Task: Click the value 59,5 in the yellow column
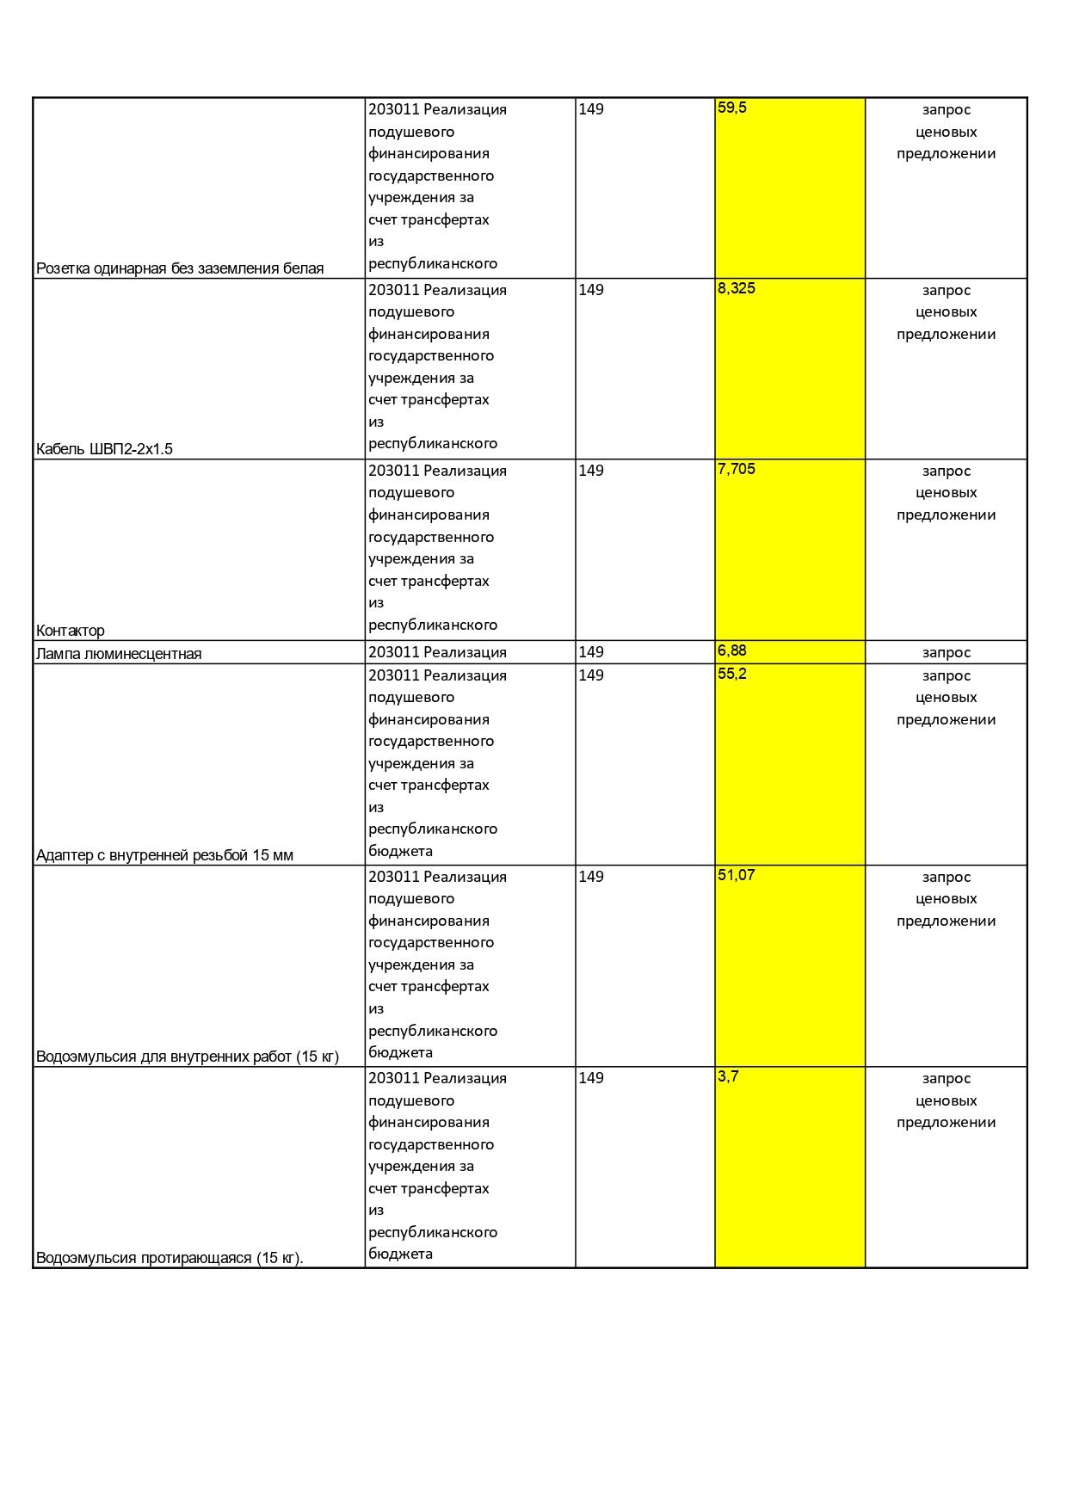pos(731,108)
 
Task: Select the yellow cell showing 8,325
pos(736,288)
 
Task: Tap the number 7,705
pos(736,469)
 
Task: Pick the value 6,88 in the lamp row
pos(731,650)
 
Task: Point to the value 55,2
pos(731,674)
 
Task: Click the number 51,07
pos(736,875)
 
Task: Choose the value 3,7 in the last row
pos(728,1076)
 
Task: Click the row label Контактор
pos(71,631)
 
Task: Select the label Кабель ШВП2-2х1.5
pos(104,449)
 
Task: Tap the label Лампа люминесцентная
pos(119,654)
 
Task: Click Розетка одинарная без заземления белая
pos(180,268)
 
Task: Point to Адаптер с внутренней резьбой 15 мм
pos(164,855)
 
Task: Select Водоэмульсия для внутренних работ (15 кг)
pos(188,1057)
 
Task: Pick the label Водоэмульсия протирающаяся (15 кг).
pos(170,1258)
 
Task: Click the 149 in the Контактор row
pos(591,471)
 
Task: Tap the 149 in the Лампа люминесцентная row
pos(591,652)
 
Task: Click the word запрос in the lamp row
pos(946,652)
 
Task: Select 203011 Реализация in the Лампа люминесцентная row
pos(437,652)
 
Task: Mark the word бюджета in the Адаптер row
pos(400,851)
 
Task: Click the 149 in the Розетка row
pos(591,109)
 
